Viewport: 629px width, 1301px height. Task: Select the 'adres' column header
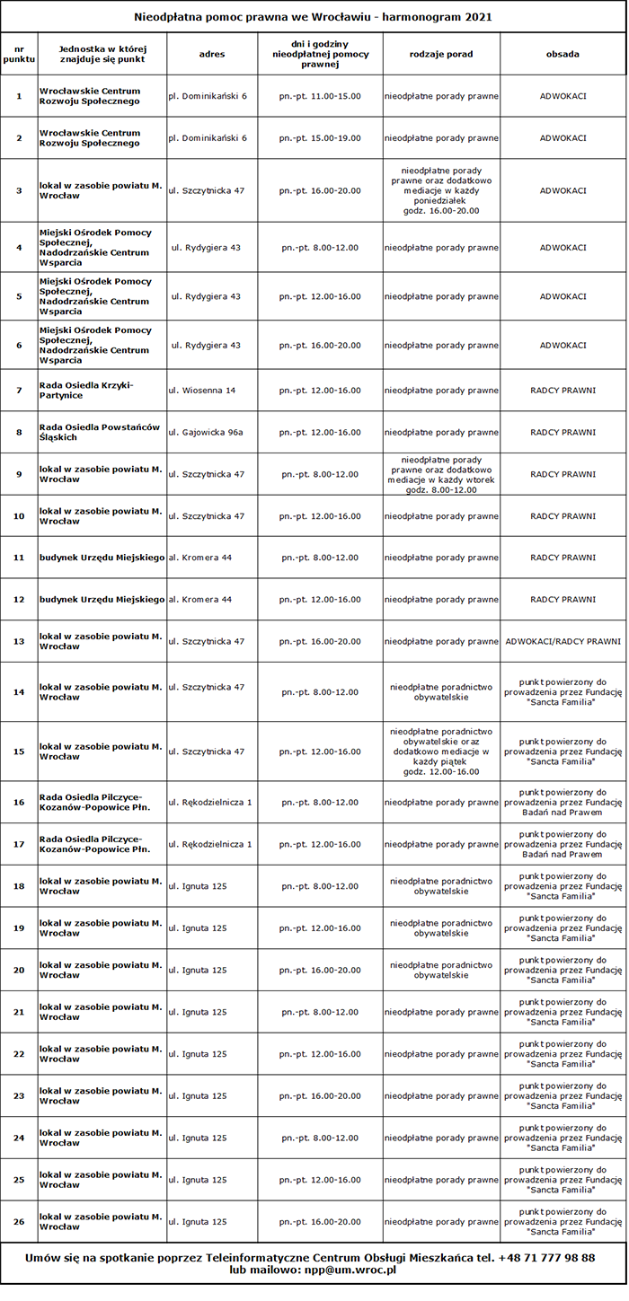pyautogui.click(x=212, y=54)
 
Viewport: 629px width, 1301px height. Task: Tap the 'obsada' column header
pyautogui.click(x=563, y=54)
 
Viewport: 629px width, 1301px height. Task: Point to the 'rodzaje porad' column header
pyautogui.click(x=441, y=54)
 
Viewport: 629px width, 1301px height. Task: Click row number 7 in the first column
pyautogui.click(x=19, y=391)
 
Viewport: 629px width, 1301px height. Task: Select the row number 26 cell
pyautogui.click(x=19, y=1221)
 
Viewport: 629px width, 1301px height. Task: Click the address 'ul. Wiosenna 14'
pyautogui.click(x=202, y=391)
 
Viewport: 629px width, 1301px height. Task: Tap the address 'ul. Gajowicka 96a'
pyautogui.click(x=206, y=432)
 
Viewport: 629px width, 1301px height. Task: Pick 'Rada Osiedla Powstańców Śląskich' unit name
pyautogui.click(x=100, y=432)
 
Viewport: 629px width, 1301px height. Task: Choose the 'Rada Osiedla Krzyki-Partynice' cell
pyautogui.click(x=86, y=391)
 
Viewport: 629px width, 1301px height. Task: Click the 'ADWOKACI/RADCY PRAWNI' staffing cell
pyautogui.click(x=563, y=641)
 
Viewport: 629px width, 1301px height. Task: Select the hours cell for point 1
pyautogui.click(x=320, y=95)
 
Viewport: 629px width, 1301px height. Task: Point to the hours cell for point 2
pyautogui.click(x=320, y=138)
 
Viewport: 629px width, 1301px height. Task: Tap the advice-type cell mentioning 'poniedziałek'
pyautogui.click(x=441, y=190)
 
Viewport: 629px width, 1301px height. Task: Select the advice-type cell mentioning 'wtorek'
pyautogui.click(x=441, y=474)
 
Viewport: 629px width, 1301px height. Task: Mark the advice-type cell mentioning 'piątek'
pyautogui.click(x=441, y=752)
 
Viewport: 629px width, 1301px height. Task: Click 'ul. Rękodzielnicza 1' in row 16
pyautogui.click(x=210, y=802)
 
